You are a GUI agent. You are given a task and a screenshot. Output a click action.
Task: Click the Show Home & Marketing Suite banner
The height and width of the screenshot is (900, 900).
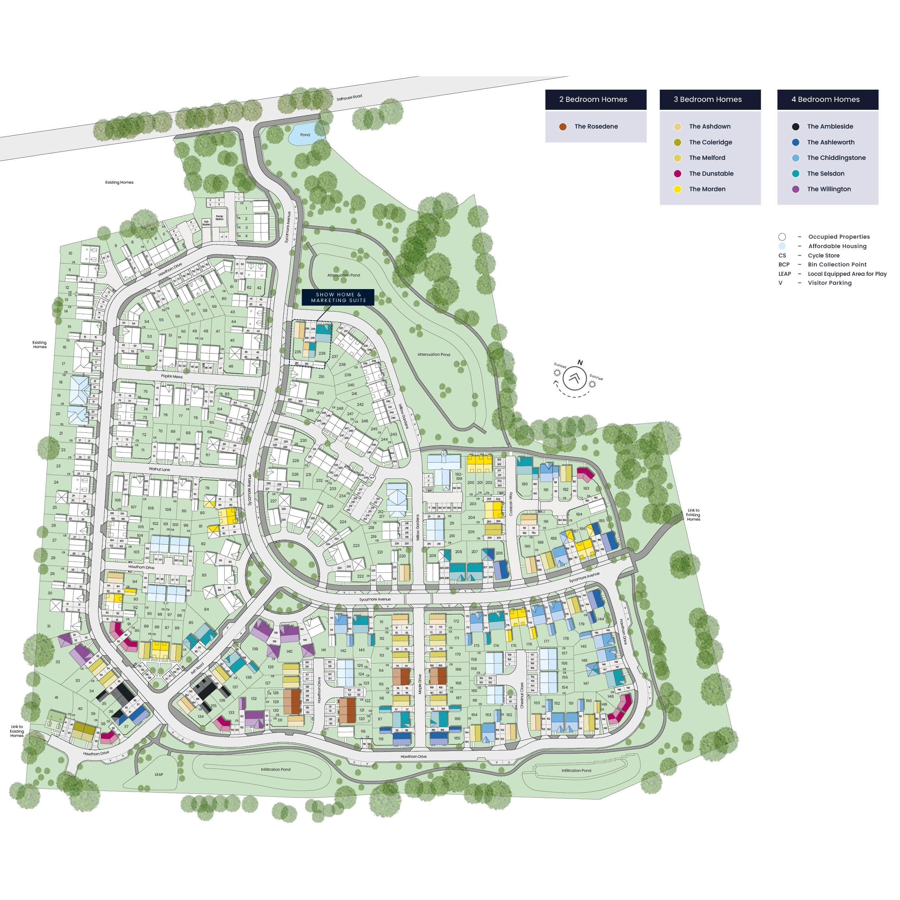click(x=338, y=297)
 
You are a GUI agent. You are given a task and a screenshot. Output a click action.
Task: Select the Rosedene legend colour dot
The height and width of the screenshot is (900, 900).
click(x=563, y=127)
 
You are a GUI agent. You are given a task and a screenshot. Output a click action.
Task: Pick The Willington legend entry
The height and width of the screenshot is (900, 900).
click(x=829, y=189)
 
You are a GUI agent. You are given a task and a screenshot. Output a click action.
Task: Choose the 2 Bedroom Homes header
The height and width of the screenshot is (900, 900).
click(x=595, y=100)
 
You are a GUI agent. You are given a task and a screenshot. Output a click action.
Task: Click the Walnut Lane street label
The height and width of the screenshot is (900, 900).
click(x=159, y=469)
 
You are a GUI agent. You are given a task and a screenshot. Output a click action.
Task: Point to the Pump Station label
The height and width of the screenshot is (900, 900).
click(x=219, y=217)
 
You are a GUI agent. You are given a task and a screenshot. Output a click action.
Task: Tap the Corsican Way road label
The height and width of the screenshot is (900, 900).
click(x=511, y=504)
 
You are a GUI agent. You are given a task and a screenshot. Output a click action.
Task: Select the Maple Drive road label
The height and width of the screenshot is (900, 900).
click(x=419, y=684)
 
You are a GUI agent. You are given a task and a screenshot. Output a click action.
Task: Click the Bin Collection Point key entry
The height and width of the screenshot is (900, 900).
click(x=837, y=265)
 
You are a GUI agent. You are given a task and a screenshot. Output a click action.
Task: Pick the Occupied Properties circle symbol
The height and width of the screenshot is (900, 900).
click(x=782, y=237)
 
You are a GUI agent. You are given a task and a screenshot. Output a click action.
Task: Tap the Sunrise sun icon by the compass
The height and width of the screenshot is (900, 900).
click(x=592, y=384)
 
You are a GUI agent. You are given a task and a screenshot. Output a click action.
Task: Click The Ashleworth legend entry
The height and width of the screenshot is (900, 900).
click(x=831, y=143)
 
